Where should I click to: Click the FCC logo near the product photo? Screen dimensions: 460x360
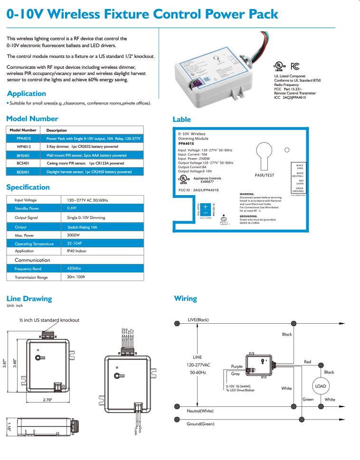click(294, 66)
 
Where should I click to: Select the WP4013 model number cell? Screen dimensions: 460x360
click(23, 147)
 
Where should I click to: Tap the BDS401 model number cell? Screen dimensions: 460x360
click(23, 172)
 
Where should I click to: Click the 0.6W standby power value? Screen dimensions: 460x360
click(72, 208)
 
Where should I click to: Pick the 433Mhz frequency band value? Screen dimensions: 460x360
click(74, 269)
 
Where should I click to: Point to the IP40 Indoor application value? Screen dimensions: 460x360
click(77, 251)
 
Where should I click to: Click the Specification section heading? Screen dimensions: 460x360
click(28, 187)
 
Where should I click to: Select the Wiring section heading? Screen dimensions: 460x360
click(185, 299)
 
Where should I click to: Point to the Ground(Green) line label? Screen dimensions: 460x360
click(200, 424)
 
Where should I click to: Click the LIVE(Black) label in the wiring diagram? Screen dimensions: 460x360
click(198, 319)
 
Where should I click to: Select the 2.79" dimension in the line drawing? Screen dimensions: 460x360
click(47, 400)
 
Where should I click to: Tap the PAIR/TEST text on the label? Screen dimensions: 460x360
click(265, 175)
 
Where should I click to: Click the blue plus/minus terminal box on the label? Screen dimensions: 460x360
click(205, 209)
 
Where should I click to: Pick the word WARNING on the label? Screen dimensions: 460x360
click(246, 194)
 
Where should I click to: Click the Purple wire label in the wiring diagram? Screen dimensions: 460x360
click(237, 366)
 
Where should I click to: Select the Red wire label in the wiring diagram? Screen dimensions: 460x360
click(307, 362)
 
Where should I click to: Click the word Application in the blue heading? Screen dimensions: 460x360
click(27, 94)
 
